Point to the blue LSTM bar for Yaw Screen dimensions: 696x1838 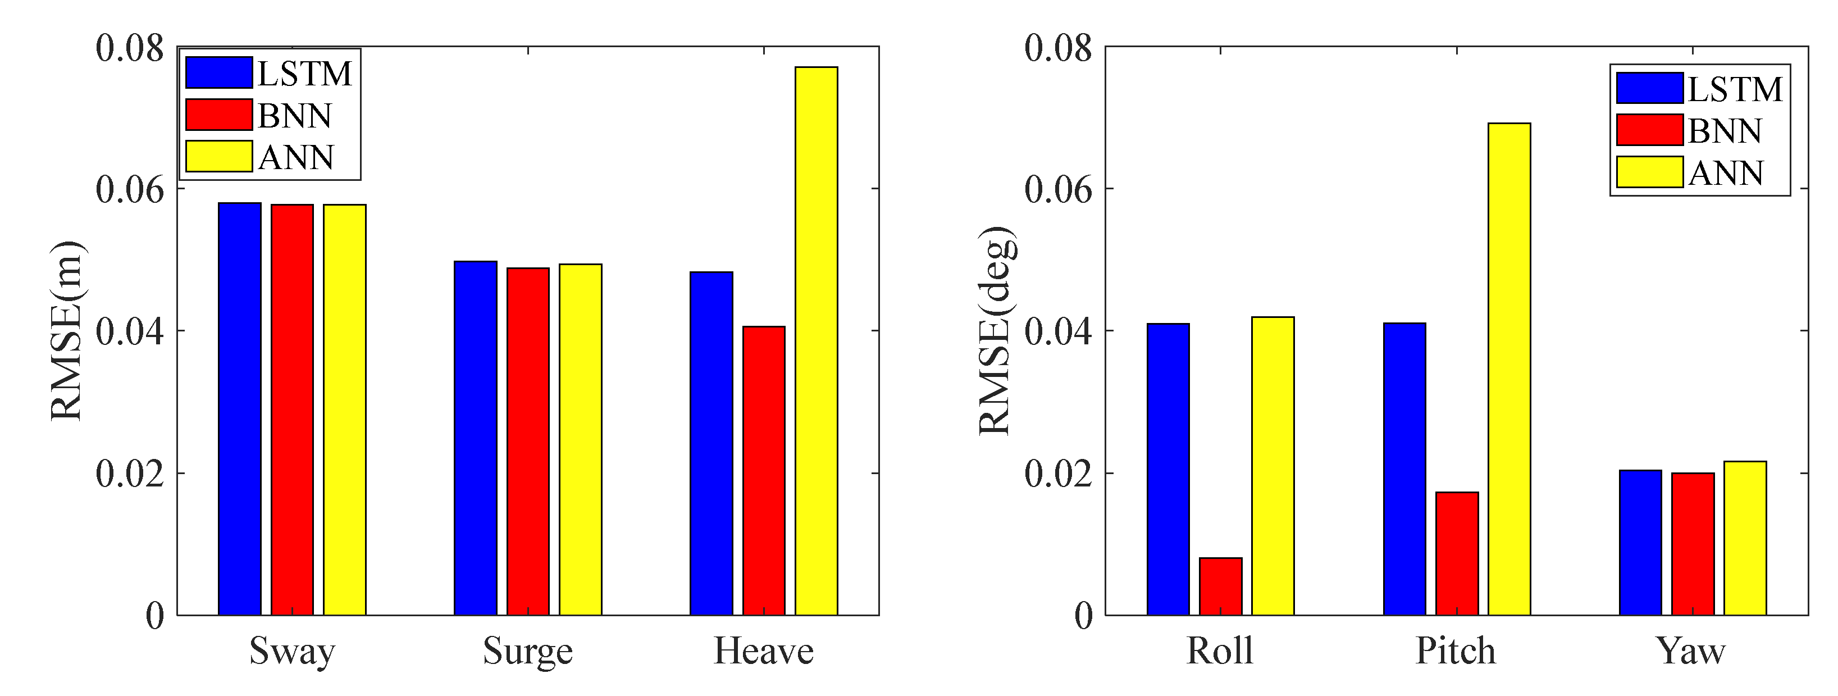[1640, 543]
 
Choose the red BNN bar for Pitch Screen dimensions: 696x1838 [1457, 553]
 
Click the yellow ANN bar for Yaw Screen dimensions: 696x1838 [1745, 538]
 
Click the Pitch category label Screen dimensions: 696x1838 [1456, 651]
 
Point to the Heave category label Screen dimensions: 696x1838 [764, 651]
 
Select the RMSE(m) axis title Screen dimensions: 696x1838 [68, 330]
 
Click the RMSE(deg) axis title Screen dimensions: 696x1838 [996, 330]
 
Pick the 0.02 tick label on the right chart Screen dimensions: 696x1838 [1058, 475]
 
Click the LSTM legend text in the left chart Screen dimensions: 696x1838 [305, 74]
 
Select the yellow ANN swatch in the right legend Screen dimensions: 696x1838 [1650, 172]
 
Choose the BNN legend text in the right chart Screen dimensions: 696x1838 [1725, 131]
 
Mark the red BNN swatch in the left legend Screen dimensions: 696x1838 [218, 115]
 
